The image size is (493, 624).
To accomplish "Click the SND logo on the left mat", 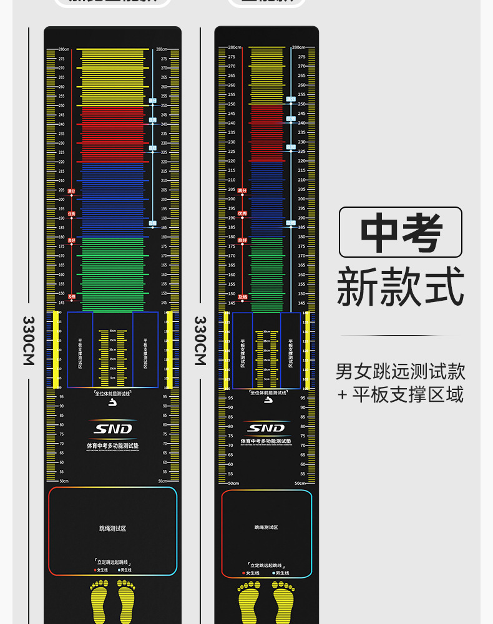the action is [x=112, y=429].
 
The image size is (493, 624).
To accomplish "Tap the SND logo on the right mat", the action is [x=266, y=428].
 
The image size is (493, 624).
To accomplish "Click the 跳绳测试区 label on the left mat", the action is [x=112, y=529].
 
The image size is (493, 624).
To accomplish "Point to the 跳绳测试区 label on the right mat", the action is [x=266, y=527].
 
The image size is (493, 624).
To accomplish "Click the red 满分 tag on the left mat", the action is [x=71, y=191].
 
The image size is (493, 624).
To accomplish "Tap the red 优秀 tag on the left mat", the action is [x=71, y=213].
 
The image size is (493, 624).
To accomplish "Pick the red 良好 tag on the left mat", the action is [x=71, y=240].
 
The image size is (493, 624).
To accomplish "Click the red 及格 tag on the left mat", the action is [x=71, y=297].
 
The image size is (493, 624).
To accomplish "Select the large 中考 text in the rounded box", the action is [x=401, y=232].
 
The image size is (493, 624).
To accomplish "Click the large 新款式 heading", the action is [x=401, y=287].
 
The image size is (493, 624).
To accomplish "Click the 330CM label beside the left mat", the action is [x=29, y=340].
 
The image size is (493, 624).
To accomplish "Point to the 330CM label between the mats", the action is [x=200, y=340].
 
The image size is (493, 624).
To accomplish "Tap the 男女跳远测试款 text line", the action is [x=401, y=371].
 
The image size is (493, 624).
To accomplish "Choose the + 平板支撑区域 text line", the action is [x=401, y=394].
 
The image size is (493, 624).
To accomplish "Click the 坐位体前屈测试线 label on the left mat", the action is [x=112, y=394].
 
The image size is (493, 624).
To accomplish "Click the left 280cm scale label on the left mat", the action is [x=64, y=49].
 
